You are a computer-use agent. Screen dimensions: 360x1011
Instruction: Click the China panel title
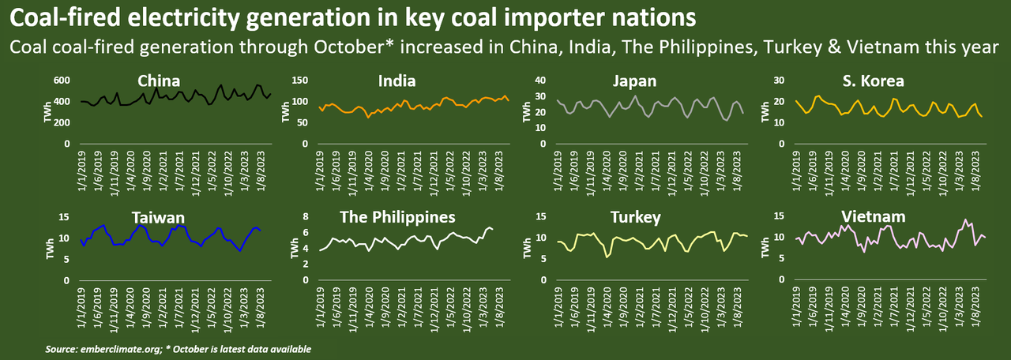click(x=159, y=81)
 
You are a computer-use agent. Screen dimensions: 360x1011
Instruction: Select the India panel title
click(x=397, y=81)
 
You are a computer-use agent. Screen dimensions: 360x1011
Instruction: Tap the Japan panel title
click(x=634, y=81)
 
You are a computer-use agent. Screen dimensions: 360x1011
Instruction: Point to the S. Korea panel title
click(x=872, y=81)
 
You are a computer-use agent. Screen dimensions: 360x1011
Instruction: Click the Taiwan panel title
click(x=159, y=217)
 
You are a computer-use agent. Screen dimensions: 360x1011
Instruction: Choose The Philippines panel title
click(x=397, y=217)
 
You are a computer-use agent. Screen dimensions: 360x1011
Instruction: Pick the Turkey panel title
click(x=634, y=217)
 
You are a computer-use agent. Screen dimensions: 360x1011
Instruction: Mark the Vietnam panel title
click(x=872, y=217)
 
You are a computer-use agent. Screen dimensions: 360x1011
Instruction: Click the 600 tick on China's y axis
click(x=62, y=81)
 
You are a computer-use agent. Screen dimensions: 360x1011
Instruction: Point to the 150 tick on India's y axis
click(x=299, y=81)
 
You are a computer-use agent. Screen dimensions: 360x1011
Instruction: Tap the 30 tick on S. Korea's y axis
click(x=778, y=81)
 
